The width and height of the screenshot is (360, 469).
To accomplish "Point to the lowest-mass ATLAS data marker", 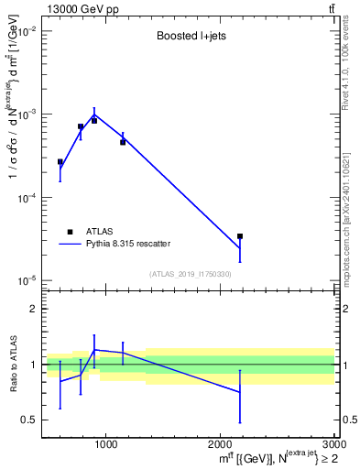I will pyautogui.click(x=60, y=162).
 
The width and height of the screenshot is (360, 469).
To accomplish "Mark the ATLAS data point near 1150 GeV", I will pyautogui.click(x=123, y=142).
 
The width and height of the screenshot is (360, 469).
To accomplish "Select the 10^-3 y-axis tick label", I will pyautogui.click(x=25, y=115).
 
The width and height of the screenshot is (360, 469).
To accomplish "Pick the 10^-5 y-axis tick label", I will pyautogui.click(x=25, y=280).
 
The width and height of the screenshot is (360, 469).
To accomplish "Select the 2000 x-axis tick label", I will pyautogui.click(x=220, y=446).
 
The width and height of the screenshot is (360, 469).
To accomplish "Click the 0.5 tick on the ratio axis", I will pyautogui.click(x=29, y=420).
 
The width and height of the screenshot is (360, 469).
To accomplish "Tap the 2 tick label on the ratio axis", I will pyautogui.click(x=32, y=310).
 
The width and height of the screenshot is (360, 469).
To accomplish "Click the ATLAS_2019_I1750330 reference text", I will pyautogui.click(x=190, y=274).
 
